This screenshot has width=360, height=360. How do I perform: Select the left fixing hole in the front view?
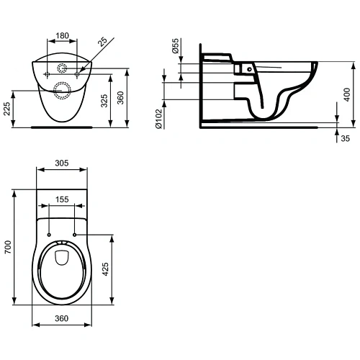(46, 73)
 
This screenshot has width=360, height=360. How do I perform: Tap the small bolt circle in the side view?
(248, 68)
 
